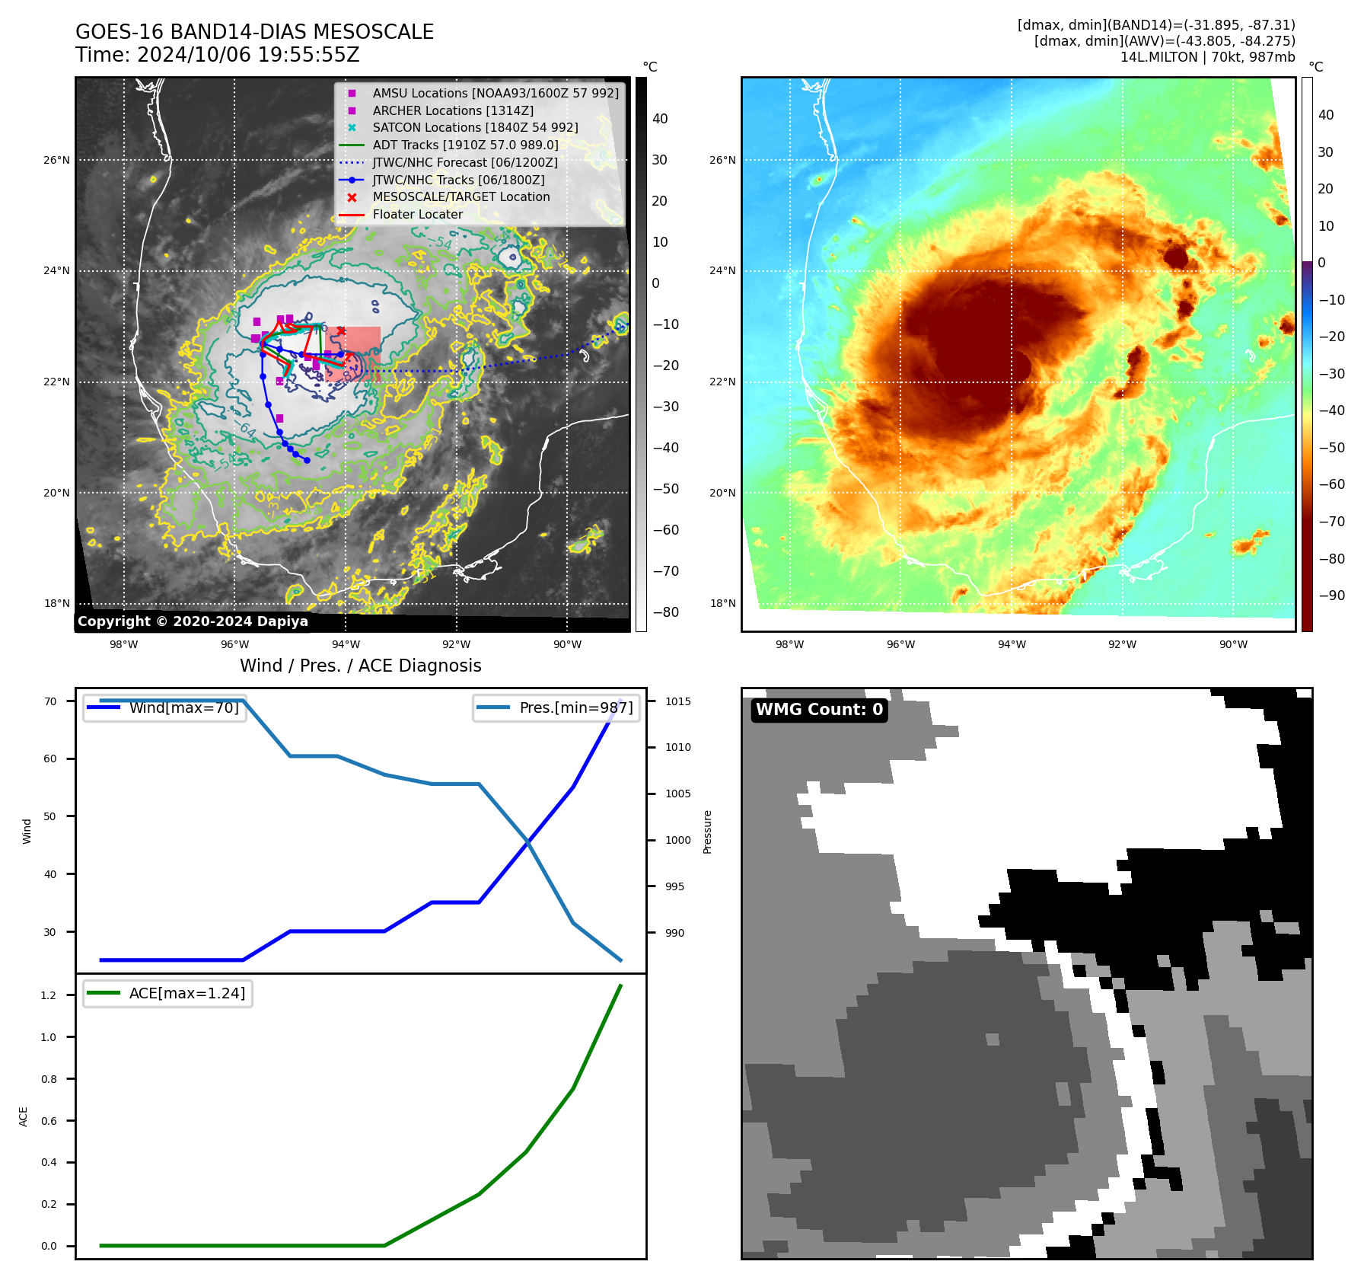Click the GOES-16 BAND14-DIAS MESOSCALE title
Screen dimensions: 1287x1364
(254, 32)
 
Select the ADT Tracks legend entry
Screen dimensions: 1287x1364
(465, 145)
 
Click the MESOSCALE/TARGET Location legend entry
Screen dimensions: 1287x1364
(461, 196)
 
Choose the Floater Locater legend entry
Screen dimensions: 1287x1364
(417, 214)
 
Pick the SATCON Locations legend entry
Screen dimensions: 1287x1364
(475, 127)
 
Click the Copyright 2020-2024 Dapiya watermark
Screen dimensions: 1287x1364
(193, 621)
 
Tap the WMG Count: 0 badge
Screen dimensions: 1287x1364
(819, 710)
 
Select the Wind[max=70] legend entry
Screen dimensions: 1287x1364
(183, 707)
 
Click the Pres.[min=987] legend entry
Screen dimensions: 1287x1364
(575, 707)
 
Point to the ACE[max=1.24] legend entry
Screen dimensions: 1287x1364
(186, 993)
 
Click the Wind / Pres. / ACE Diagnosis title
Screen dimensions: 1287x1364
(360, 666)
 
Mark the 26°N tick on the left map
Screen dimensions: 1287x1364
(56, 161)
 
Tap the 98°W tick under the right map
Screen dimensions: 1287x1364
(789, 644)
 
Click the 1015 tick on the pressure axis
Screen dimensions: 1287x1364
(677, 701)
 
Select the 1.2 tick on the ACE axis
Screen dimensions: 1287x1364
(49, 995)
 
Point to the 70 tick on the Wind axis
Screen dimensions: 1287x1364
(50, 701)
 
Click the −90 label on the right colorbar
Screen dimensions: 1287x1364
(1331, 596)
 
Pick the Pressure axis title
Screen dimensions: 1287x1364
(707, 832)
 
